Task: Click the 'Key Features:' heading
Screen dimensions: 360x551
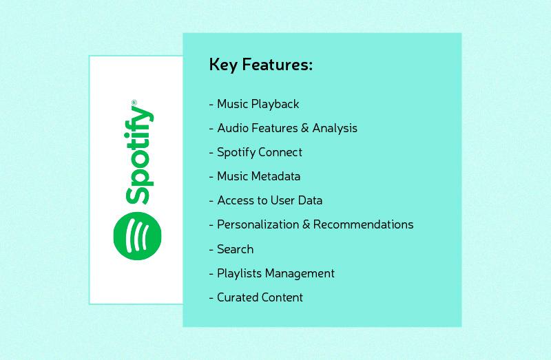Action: click(x=260, y=66)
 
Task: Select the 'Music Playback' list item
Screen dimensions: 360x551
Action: click(x=254, y=105)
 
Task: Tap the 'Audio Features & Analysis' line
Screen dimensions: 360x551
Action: click(x=283, y=129)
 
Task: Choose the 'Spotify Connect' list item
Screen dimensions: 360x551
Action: click(x=256, y=152)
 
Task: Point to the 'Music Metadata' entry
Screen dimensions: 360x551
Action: click(x=255, y=176)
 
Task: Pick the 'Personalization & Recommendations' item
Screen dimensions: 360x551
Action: click(x=311, y=225)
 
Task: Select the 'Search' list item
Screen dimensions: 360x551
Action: click(x=231, y=249)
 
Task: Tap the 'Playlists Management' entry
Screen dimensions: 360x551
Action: click(x=272, y=273)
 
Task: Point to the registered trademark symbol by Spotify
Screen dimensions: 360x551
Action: click(x=134, y=103)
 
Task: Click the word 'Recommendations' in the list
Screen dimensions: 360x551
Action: click(x=370, y=225)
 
